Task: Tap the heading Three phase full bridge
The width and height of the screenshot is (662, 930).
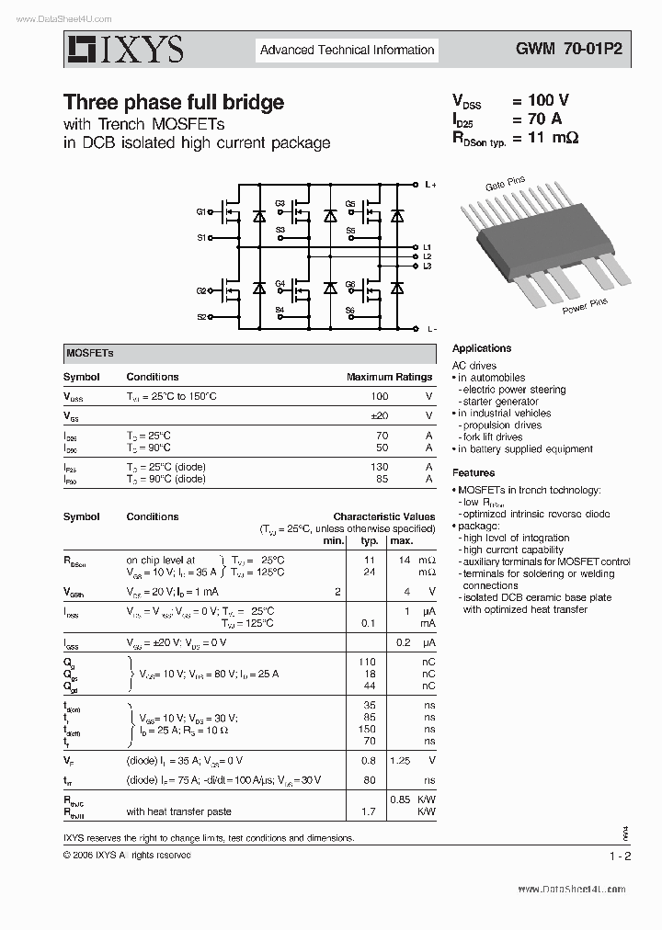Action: click(173, 102)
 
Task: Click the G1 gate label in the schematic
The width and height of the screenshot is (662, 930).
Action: click(201, 212)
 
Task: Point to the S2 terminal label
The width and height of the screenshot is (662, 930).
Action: click(201, 317)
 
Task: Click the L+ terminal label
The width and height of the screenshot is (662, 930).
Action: click(430, 185)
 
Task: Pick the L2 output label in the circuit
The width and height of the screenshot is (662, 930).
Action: click(428, 256)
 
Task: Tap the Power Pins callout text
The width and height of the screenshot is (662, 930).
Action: click(586, 305)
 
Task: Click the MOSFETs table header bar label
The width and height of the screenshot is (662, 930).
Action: click(89, 353)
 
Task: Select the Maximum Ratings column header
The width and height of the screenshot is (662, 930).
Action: click(389, 377)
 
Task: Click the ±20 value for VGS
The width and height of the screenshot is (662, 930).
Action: click(378, 416)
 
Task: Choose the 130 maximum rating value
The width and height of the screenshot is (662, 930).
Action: click(378, 467)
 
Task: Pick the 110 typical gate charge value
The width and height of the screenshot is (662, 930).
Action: click(368, 662)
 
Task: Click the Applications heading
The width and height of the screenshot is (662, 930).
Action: click(482, 348)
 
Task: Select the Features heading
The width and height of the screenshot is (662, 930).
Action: click(474, 473)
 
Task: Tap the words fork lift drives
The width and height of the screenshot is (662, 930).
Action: click(493, 437)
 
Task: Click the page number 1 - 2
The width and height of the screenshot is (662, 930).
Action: click(619, 856)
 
